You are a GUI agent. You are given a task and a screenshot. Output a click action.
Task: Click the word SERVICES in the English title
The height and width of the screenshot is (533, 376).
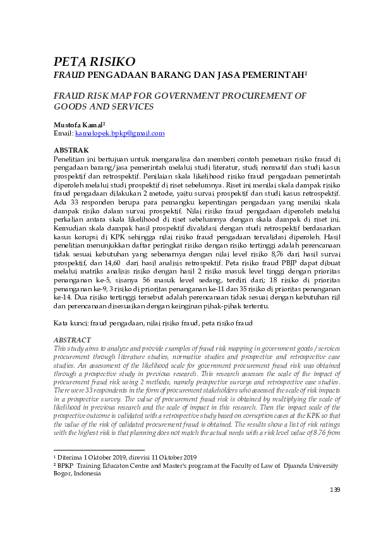119,108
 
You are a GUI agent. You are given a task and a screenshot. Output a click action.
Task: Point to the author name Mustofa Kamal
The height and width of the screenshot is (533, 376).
78,125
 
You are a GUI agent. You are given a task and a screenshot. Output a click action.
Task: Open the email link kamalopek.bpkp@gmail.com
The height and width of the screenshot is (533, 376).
119,134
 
